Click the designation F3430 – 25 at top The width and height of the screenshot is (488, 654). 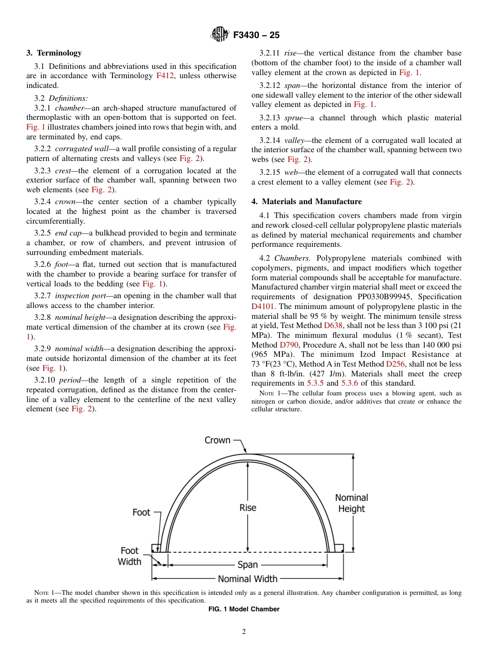[256, 35]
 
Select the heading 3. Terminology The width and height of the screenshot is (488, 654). [54, 53]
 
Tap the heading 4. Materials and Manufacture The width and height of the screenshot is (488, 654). [306, 202]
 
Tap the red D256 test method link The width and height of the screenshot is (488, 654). [395, 364]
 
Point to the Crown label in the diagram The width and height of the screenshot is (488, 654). [217, 440]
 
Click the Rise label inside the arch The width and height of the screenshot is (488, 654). [248, 507]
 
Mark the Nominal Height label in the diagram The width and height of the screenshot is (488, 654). [351, 503]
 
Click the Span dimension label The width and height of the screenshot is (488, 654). [248, 565]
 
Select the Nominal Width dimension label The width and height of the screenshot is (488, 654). [248, 579]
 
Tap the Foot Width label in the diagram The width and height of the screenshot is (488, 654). [129, 556]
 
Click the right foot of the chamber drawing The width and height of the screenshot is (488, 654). [339, 548]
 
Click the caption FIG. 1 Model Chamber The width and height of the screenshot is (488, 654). [243, 609]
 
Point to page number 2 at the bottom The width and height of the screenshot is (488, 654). [244, 632]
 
